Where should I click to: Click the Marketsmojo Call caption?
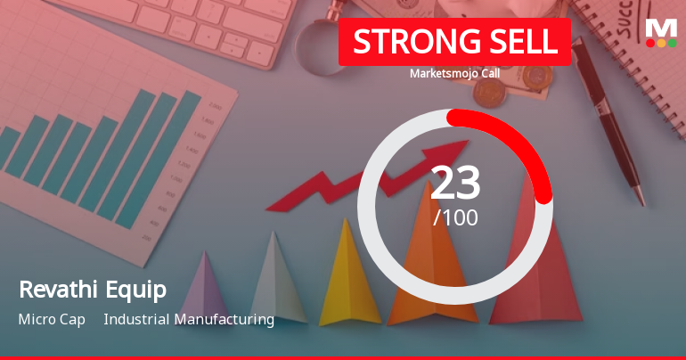tap(454, 75)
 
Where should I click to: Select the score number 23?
tap(455, 184)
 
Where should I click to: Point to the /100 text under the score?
tap(455, 217)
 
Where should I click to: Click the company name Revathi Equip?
tap(92, 290)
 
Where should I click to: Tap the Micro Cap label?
tap(52, 319)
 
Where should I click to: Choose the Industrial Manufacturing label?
tap(189, 319)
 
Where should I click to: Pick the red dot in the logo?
tap(649, 42)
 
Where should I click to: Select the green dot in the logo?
tap(673, 42)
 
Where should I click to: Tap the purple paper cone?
tap(203, 290)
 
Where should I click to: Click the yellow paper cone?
tap(349, 276)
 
